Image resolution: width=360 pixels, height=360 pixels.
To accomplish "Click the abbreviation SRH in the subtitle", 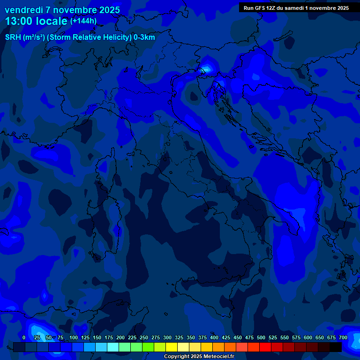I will [13, 37].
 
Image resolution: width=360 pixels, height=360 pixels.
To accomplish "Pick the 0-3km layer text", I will [144, 37].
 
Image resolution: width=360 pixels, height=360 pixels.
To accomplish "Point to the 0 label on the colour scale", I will [24, 337].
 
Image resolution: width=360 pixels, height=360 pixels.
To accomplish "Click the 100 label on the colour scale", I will [74, 337].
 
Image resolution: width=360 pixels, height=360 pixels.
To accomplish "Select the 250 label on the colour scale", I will [144, 337].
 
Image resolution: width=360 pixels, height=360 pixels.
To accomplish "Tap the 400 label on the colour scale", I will [214, 337].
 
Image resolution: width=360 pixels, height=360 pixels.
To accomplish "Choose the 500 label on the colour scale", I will [261, 337].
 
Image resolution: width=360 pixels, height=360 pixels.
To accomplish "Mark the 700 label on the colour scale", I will [343, 337].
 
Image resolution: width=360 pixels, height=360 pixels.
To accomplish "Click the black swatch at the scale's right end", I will [336, 347].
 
